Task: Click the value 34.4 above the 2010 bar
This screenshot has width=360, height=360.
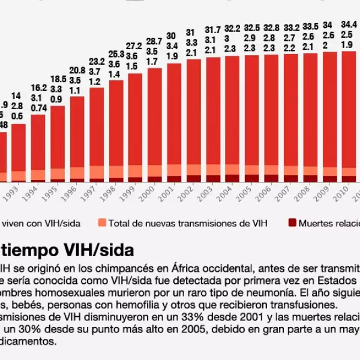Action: [x=349, y=24]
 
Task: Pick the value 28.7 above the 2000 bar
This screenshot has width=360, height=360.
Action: [x=155, y=41]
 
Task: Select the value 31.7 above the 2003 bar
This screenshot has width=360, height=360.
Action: [x=212, y=29]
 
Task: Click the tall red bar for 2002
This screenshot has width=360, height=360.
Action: [x=193, y=114]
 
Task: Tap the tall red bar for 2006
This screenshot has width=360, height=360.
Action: [x=271, y=111]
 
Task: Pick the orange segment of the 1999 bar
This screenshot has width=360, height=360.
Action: [x=136, y=171]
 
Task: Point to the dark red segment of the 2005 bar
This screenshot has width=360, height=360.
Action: [x=252, y=178]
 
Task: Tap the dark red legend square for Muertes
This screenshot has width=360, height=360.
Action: [x=292, y=223]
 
